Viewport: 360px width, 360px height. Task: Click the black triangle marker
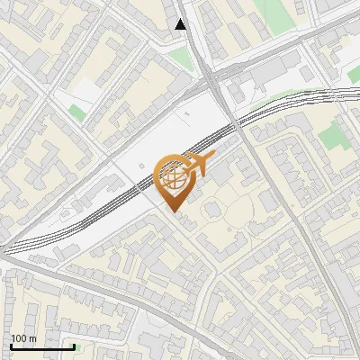click(x=181, y=24)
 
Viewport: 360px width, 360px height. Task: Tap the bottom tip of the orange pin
click(x=175, y=211)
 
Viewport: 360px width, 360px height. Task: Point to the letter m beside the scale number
click(x=32, y=338)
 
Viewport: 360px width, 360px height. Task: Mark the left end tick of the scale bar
click(x=11, y=346)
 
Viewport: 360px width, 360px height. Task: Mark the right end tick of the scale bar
click(x=74, y=346)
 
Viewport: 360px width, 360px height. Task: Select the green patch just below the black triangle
click(x=182, y=58)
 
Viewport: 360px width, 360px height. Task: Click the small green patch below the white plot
click(x=77, y=114)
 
